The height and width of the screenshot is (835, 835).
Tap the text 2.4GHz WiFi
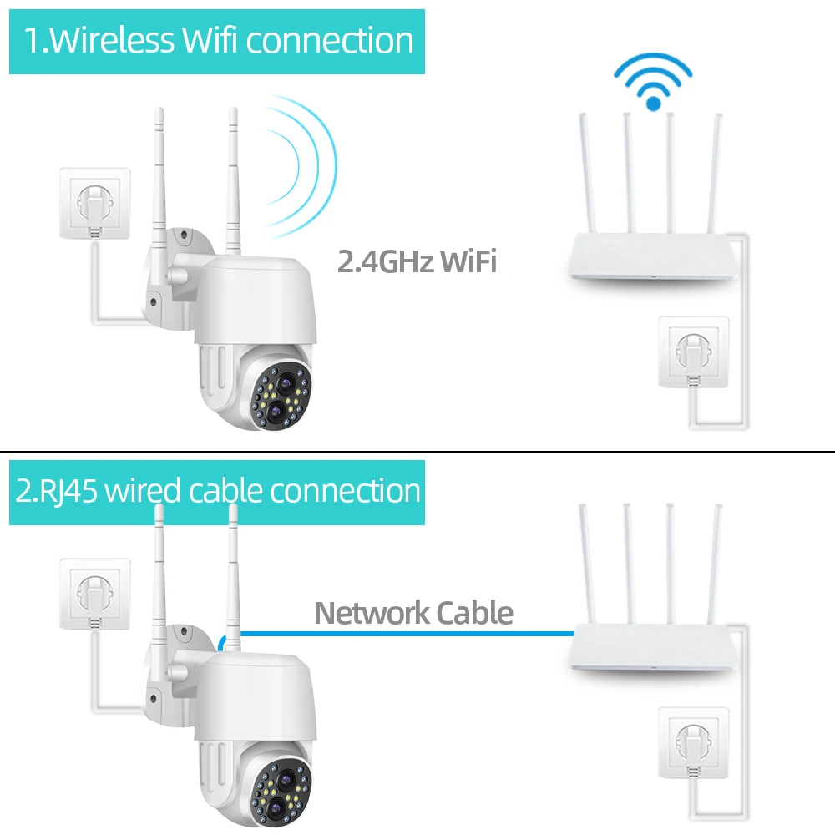417,261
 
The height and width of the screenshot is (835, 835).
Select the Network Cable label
413,613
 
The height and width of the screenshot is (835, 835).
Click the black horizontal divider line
417,451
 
